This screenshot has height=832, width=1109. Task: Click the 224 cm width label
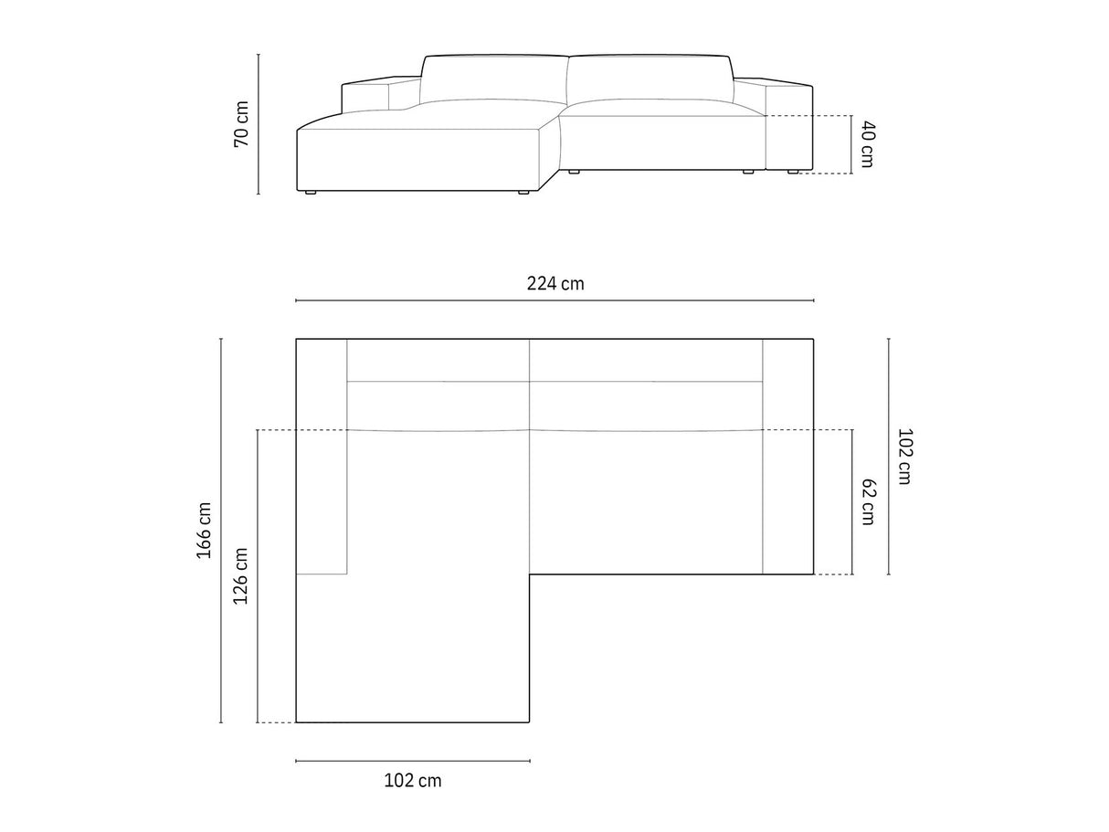555,283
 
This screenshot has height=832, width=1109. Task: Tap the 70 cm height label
241,124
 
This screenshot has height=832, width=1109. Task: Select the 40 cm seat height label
868,144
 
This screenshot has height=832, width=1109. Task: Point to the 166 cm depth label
204,531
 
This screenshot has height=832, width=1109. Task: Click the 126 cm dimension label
240,576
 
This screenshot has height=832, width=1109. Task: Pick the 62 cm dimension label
868,502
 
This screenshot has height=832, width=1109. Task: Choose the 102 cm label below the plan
413,781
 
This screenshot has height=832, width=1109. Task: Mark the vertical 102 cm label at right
905,457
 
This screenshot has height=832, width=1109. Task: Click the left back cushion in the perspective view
494,79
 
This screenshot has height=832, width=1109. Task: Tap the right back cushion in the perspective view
650,78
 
